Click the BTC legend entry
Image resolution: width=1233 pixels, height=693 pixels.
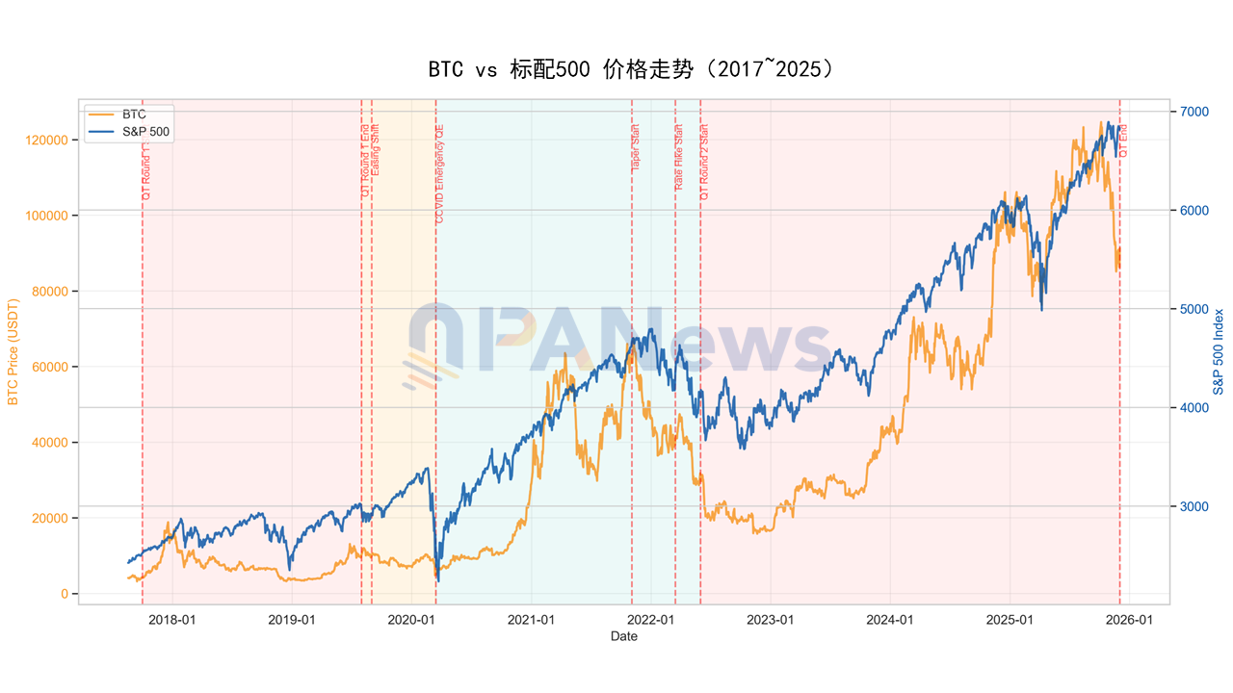pos(134,115)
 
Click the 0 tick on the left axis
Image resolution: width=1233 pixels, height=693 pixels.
pos(66,594)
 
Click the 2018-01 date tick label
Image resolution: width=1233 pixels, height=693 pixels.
pos(172,620)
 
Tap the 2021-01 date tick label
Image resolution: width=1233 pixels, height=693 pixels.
pos(532,620)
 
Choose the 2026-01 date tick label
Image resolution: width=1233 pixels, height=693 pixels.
pos(1130,620)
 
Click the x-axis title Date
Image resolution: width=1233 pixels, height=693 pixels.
pos(623,636)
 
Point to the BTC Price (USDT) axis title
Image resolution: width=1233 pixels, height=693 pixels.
pos(14,350)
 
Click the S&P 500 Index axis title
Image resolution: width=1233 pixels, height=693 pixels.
pos(1219,351)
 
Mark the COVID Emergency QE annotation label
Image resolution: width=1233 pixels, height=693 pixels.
pos(440,174)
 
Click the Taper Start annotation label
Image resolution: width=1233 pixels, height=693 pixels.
pos(636,148)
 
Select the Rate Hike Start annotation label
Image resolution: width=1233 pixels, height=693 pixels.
pos(679,156)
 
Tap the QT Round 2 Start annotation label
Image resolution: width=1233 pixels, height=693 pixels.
pos(704,162)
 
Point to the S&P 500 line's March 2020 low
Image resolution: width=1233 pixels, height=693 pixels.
pos(438,579)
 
